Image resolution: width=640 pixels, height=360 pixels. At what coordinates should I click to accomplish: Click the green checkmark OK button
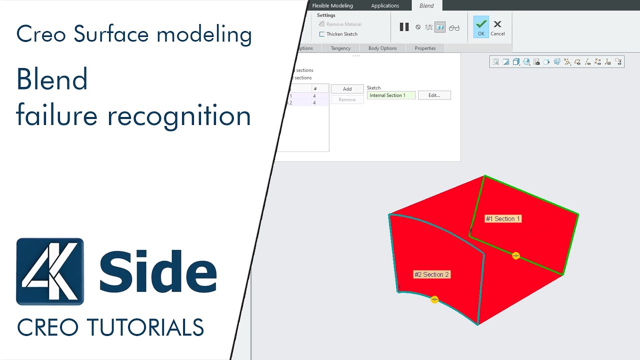pyautogui.click(x=481, y=27)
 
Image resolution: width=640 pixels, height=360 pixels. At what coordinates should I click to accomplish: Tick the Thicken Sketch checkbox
pyautogui.click(x=322, y=34)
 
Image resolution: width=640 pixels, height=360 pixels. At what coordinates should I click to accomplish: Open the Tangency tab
pyautogui.click(x=340, y=48)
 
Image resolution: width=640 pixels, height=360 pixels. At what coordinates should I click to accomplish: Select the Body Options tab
pyautogui.click(x=382, y=48)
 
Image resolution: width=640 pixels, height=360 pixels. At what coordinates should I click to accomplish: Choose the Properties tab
pyautogui.click(x=425, y=48)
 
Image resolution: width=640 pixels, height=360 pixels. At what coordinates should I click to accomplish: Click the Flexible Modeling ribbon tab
pyautogui.click(x=332, y=5)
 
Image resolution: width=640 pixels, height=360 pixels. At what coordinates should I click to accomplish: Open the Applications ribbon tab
pyautogui.click(x=385, y=5)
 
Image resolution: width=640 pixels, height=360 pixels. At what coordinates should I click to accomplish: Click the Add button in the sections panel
pyautogui.click(x=347, y=89)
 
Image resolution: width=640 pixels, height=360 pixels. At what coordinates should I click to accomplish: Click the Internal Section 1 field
pyautogui.click(x=391, y=95)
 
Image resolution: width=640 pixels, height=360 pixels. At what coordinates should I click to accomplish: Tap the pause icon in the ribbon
pyautogui.click(x=404, y=27)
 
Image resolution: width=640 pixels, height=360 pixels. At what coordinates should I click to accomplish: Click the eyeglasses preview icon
pyautogui.click(x=454, y=27)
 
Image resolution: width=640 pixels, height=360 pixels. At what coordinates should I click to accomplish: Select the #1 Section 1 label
pyautogui.click(x=503, y=219)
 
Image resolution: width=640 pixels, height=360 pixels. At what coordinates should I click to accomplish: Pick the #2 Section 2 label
pyautogui.click(x=432, y=274)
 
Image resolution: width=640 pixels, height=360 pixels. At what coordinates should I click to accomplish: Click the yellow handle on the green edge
pyautogui.click(x=516, y=255)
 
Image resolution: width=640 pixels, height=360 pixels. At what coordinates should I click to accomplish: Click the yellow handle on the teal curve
pyautogui.click(x=434, y=299)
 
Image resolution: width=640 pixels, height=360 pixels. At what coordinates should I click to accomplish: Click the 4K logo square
pyautogui.click(x=50, y=271)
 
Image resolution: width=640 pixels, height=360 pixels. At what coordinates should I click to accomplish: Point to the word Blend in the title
pyautogui.click(x=52, y=79)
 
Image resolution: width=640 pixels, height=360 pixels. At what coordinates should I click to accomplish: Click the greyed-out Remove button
pyautogui.click(x=347, y=99)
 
